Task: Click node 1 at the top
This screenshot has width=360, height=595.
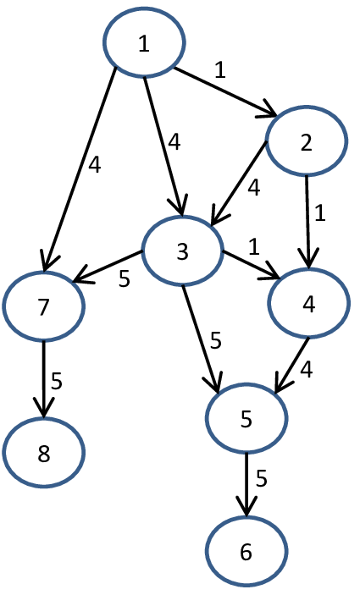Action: point(144,44)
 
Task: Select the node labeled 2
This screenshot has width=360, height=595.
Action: point(307,141)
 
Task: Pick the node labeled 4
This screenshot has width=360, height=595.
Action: point(308,305)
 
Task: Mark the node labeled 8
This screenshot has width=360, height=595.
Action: point(44,451)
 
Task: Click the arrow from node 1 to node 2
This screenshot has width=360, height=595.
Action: point(225,91)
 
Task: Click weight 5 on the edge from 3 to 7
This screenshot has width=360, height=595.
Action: point(124,278)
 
